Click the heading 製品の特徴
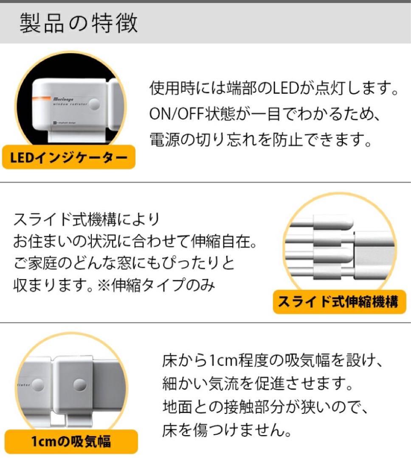tap(79, 23)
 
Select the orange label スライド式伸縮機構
tap(338, 302)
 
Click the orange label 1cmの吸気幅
tap(71, 442)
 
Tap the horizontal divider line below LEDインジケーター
tap(205, 182)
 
